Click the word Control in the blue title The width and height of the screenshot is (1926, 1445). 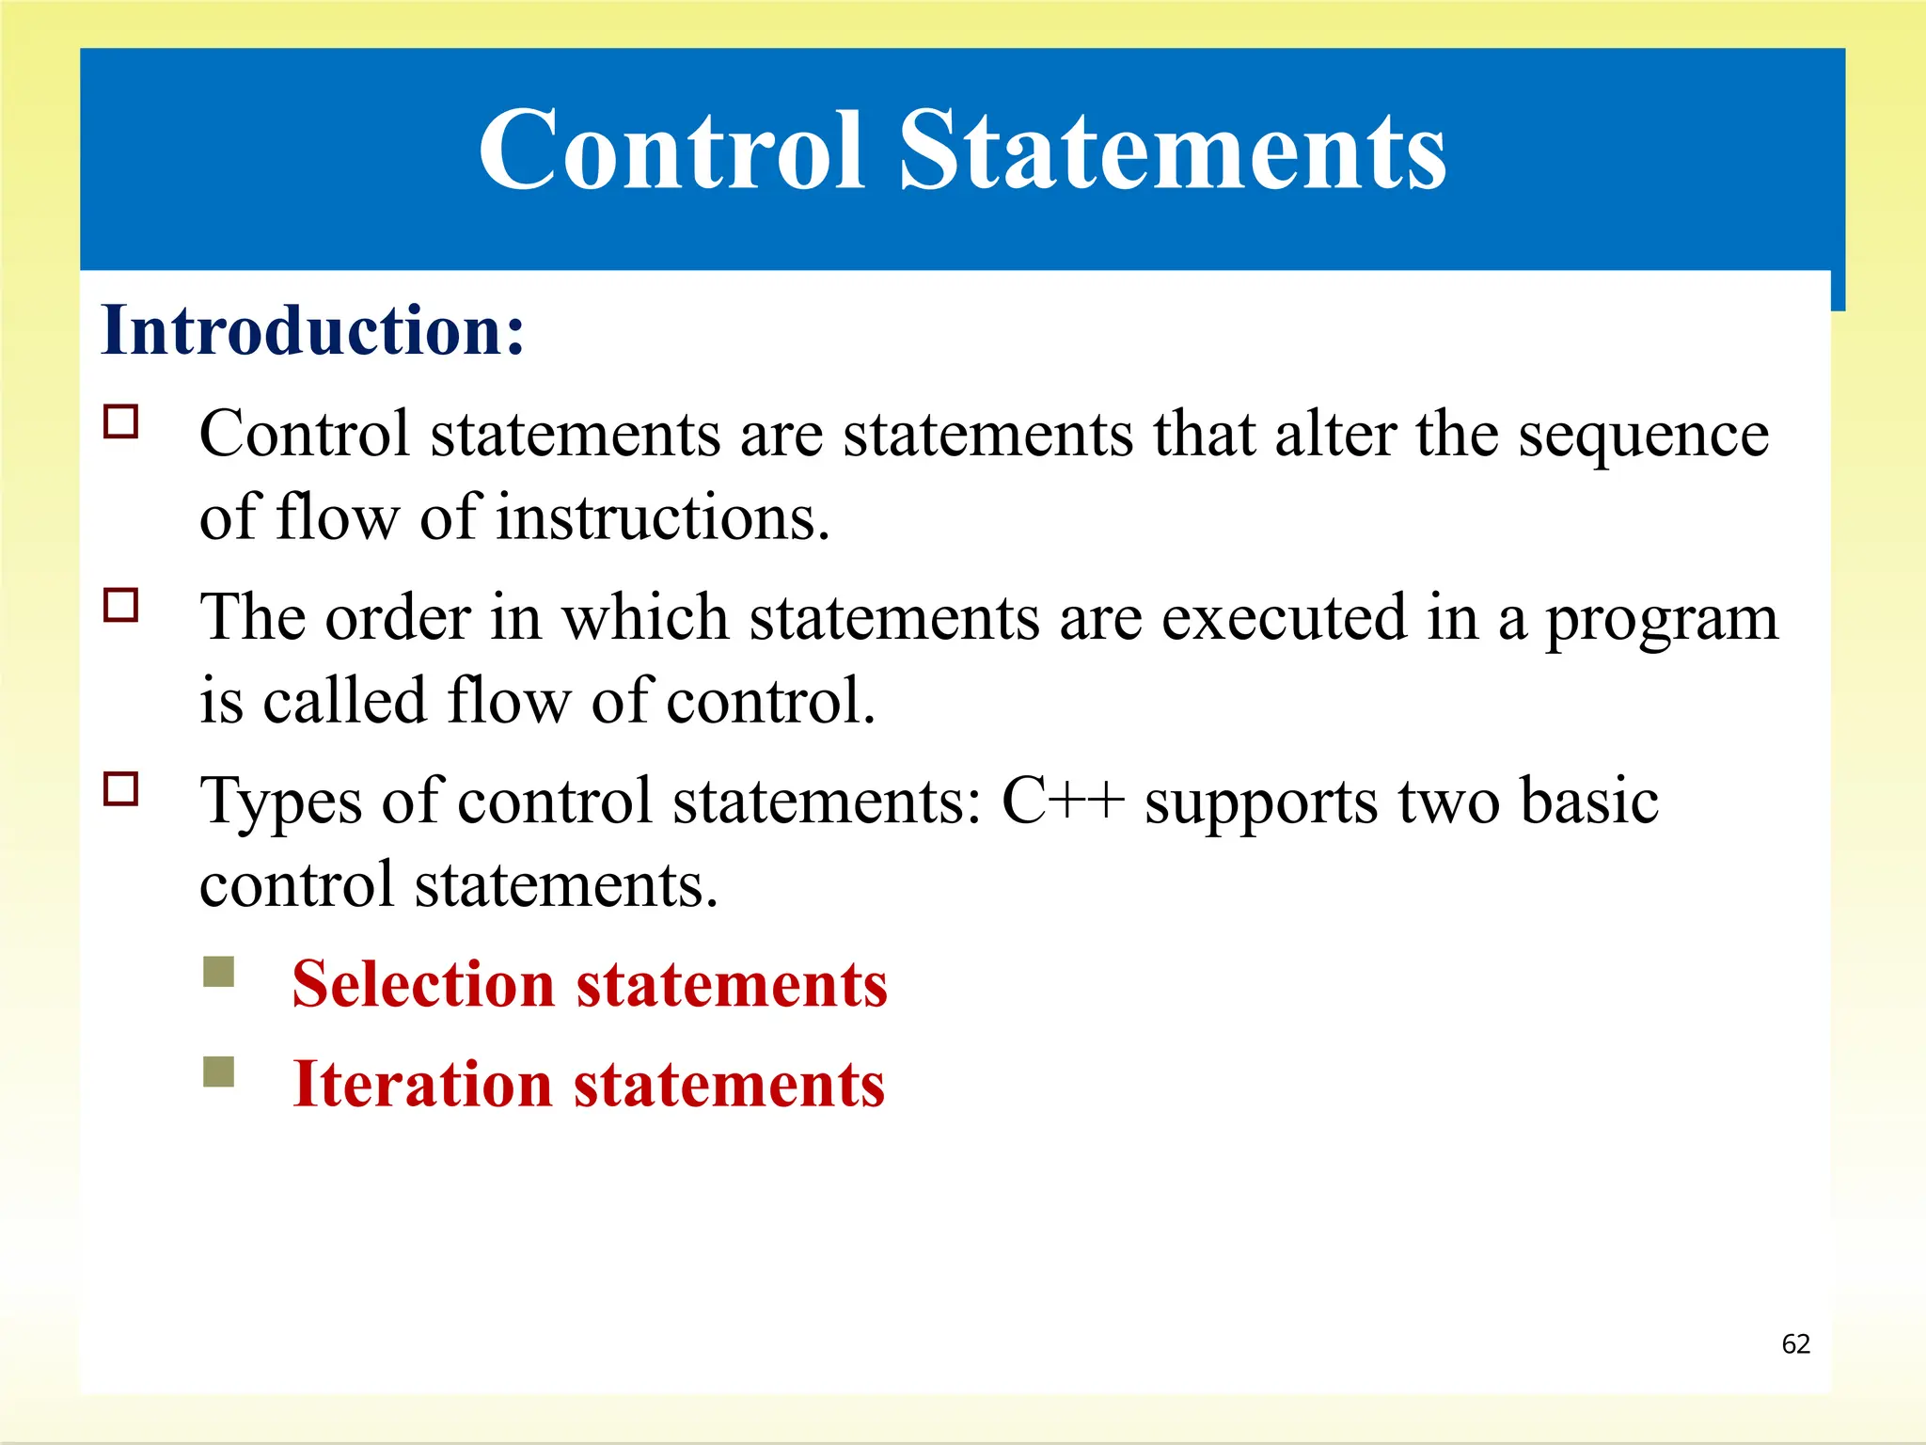click(x=671, y=151)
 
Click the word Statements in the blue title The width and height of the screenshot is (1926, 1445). click(x=1173, y=151)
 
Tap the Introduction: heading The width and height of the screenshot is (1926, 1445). click(x=312, y=330)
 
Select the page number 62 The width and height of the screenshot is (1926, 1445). click(x=1795, y=1343)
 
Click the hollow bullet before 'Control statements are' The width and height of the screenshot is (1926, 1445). click(x=121, y=422)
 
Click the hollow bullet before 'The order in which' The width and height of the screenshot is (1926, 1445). click(x=121, y=605)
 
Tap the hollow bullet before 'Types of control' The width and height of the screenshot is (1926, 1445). click(x=121, y=788)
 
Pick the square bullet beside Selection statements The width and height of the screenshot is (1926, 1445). click(x=218, y=972)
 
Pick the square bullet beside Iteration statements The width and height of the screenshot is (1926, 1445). click(x=218, y=1071)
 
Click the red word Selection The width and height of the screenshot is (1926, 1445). click(x=422, y=984)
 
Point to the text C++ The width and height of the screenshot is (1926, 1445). click(x=1062, y=801)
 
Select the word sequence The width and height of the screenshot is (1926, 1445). click(x=1643, y=436)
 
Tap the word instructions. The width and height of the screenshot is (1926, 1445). click(x=662, y=517)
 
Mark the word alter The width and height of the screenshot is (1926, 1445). click(x=1334, y=435)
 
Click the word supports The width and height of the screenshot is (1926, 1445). click(x=1260, y=802)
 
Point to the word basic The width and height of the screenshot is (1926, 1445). click(x=1588, y=801)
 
